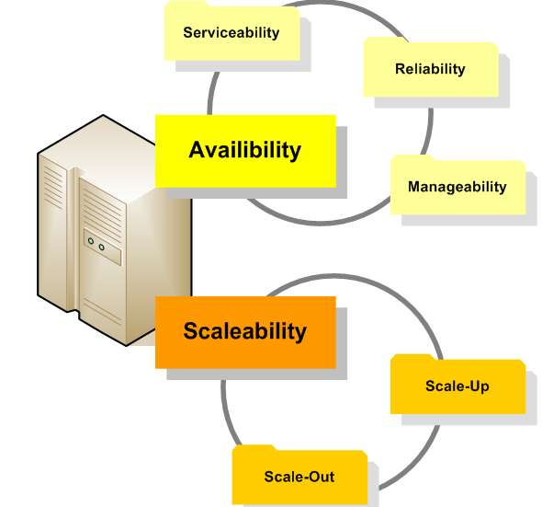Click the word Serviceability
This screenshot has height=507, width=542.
coord(231,33)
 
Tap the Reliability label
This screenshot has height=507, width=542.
coord(430,69)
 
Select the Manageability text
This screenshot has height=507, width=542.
coord(457,187)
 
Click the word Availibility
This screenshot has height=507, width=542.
coord(245,150)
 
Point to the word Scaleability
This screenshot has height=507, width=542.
coord(245,331)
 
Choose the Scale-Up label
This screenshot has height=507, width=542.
coord(457,386)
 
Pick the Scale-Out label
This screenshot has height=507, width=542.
coord(299,477)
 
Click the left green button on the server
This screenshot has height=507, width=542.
coord(91,241)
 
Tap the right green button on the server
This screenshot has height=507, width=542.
coord(101,247)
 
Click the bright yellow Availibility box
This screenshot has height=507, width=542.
coord(246,151)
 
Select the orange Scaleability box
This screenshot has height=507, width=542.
coord(246,332)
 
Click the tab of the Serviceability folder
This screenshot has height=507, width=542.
coord(186,5)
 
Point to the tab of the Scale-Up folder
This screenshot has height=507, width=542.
coord(412,357)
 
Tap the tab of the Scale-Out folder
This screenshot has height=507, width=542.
coord(254,448)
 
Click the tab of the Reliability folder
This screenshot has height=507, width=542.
coord(386,40)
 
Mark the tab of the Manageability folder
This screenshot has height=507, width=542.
coord(412,158)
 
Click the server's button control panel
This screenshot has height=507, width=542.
coord(103,247)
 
